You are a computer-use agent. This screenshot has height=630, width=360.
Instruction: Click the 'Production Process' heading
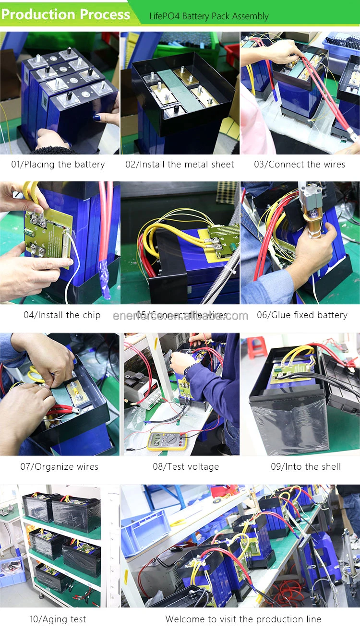[x=66, y=14]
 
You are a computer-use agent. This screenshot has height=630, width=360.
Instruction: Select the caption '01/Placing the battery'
[x=58, y=165]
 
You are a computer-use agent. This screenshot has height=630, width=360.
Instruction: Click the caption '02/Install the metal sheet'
[x=180, y=165]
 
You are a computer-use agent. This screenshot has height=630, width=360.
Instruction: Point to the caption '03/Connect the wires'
[x=300, y=165]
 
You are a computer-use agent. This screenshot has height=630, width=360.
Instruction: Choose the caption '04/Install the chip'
[x=62, y=315]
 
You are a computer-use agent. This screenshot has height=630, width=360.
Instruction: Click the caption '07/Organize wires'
[x=59, y=466]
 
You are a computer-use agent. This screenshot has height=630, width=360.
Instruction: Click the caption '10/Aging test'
[x=58, y=619]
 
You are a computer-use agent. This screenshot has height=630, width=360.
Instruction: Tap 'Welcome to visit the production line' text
[x=243, y=619]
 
